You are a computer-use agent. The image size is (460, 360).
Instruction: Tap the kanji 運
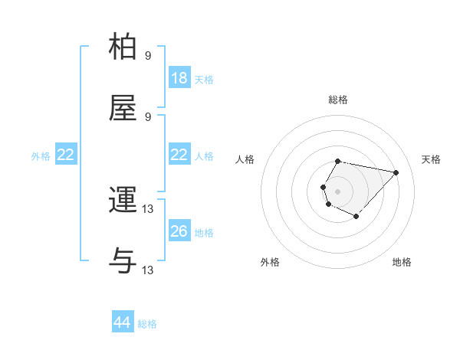pyautogui.click(x=124, y=201)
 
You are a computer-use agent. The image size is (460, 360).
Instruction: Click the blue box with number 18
pyautogui.click(x=179, y=78)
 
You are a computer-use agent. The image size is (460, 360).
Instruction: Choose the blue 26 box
pyautogui.click(x=179, y=231)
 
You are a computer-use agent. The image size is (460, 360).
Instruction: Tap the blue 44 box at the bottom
pyautogui.click(x=122, y=323)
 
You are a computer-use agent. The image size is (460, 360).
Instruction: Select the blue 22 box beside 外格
pyautogui.click(x=66, y=155)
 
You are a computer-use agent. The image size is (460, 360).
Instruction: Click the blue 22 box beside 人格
pyautogui.click(x=179, y=155)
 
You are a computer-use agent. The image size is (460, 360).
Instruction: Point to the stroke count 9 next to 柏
pyautogui.click(x=148, y=55)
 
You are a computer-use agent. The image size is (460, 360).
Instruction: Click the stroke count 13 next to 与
pyautogui.click(x=148, y=270)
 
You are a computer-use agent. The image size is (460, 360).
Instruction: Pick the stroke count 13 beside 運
pyautogui.click(x=148, y=208)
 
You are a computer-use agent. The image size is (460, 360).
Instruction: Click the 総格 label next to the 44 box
pyautogui.click(x=147, y=324)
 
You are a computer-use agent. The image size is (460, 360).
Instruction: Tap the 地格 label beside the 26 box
pyautogui.click(x=204, y=232)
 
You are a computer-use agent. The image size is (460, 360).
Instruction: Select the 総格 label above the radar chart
pyautogui.click(x=338, y=100)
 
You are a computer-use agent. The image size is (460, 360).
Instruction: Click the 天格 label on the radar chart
pyautogui.click(x=431, y=159)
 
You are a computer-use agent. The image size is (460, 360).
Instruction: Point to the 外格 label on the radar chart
pyautogui.click(x=270, y=262)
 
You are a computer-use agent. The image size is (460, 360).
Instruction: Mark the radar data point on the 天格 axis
pyautogui.click(x=396, y=172)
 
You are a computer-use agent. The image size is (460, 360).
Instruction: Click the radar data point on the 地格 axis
pyautogui.click(x=356, y=217)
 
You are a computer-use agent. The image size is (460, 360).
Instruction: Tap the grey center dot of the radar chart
pyautogui.click(x=337, y=191)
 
